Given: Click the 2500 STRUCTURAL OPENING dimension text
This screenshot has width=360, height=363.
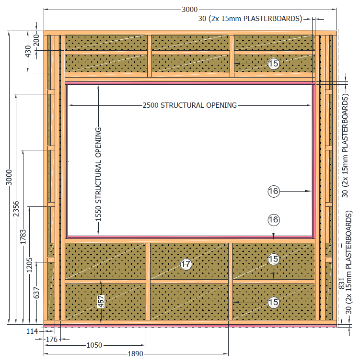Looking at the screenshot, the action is click(x=189, y=105).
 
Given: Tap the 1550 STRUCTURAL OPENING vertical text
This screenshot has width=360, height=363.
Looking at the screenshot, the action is click(x=98, y=174).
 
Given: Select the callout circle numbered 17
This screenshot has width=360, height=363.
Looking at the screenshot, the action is click(x=186, y=264).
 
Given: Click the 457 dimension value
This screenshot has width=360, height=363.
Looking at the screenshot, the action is click(x=101, y=301).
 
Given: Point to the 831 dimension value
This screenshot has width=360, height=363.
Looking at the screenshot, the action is click(x=342, y=284).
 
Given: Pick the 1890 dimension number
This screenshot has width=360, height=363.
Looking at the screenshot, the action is click(x=136, y=354).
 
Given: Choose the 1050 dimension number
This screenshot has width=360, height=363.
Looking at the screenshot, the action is click(x=94, y=345).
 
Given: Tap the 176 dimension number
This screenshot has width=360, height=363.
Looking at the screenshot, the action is click(x=51, y=340).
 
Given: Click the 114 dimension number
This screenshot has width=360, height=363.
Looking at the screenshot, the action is click(x=32, y=331).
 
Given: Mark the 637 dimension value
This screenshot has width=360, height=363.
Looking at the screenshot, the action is click(x=36, y=293).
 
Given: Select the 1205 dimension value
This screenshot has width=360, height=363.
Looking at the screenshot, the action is click(x=29, y=265).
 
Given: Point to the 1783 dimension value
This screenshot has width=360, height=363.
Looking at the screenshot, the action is click(x=23, y=237).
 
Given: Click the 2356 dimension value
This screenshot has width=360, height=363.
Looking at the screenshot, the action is click(x=16, y=209).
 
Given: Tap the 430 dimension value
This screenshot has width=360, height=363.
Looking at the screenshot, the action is click(x=28, y=51).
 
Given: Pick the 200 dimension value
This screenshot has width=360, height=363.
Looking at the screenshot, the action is click(x=36, y=40).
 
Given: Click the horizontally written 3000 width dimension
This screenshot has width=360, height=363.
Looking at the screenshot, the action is click(x=190, y=10).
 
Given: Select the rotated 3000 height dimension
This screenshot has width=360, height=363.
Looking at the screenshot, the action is click(x=9, y=177).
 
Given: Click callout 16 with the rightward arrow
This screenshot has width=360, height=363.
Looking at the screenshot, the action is click(x=274, y=191).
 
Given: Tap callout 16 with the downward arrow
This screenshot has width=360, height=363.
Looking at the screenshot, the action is click(x=274, y=219).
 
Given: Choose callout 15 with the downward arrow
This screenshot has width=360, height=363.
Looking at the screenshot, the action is click(x=273, y=259).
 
